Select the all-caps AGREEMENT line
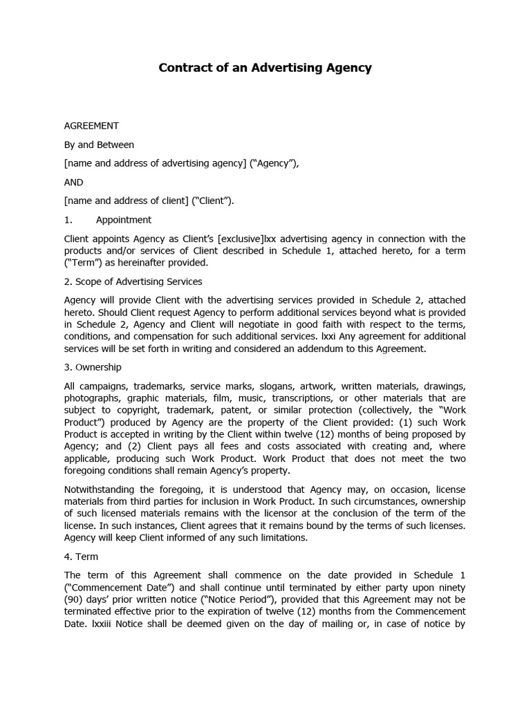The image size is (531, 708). coord(91,126)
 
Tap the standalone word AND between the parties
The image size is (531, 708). coord(73,183)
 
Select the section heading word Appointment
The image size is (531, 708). coord(123,220)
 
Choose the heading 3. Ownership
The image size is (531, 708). coord(93,367)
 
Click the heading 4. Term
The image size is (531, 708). coord(81,557)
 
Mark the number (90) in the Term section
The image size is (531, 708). coord(75,600)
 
